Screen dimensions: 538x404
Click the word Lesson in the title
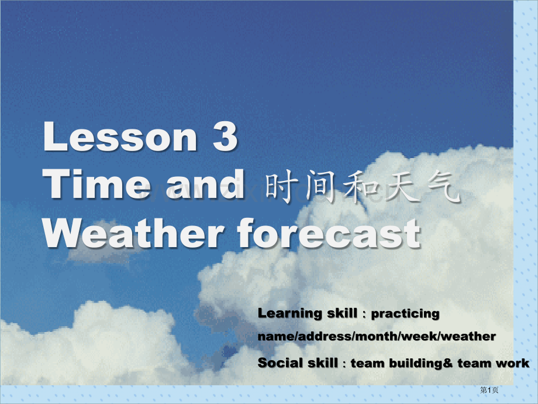[x=120, y=136]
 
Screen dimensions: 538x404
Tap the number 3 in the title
[x=225, y=136]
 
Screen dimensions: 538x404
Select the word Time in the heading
[x=96, y=184]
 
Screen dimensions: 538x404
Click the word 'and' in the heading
[x=205, y=184]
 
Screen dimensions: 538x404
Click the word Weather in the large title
[x=133, y=233]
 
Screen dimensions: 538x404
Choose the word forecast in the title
[x=329, y=233]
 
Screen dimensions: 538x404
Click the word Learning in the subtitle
[x=290, y=314]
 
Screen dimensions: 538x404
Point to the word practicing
[x=405, y=314]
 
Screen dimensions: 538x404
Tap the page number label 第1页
[x=489, y=390]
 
